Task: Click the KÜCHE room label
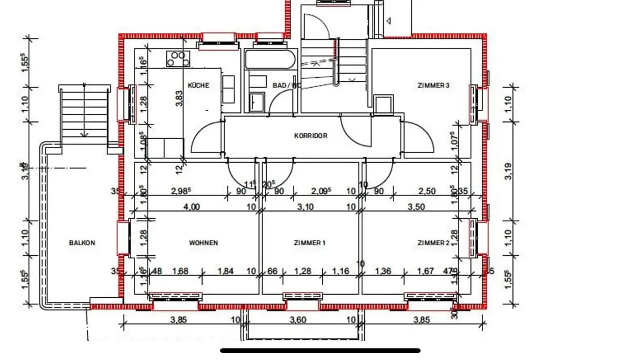pos(198,85)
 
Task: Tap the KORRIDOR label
pos(311,136)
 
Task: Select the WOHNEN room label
pos(204,243)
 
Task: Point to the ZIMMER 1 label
pos(310,243)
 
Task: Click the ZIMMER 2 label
pos(433,243)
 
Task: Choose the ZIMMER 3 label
pos(433,85)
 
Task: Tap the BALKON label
pos(82,243)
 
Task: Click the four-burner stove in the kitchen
pos(178,59)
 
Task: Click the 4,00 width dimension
pos(192,207)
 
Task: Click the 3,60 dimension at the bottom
pos(299,319)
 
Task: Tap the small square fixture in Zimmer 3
pos(383,105)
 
